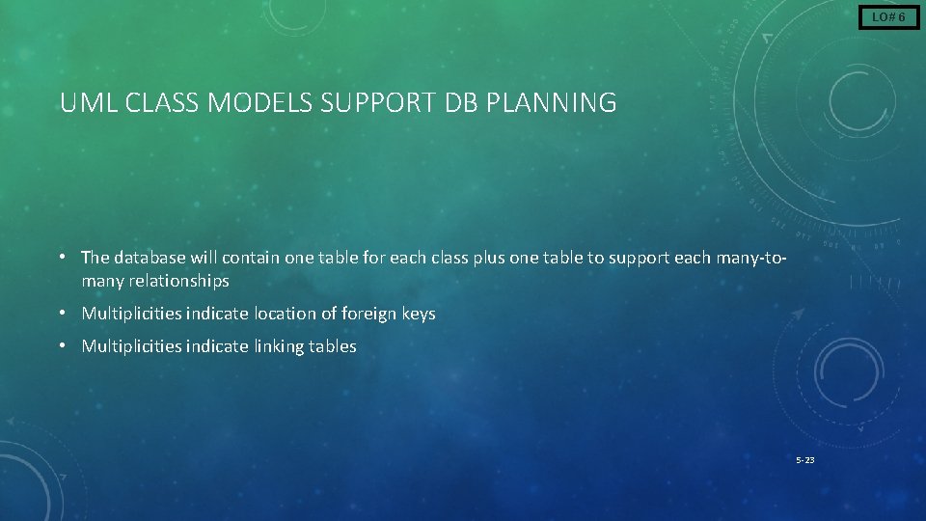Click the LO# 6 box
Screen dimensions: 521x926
point(888,17)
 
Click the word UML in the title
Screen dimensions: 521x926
point(82,103)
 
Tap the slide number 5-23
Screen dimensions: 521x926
point(804,460)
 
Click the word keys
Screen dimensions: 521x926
point(419,314)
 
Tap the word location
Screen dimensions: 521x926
point(286,314)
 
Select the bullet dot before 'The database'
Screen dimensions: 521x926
point(61,257)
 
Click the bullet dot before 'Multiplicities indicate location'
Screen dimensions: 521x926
point(61,313)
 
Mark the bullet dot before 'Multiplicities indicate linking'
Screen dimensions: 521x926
point(61,345)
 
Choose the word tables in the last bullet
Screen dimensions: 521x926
point(334,346)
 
